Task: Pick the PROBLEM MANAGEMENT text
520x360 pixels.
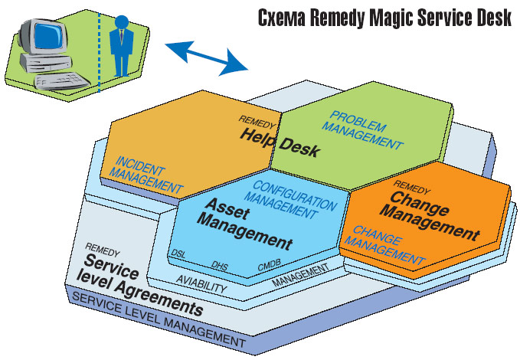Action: point(361,131)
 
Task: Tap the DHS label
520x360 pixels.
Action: point(220,265)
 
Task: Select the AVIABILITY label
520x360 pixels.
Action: point(201,284)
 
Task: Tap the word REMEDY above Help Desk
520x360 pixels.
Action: point(252,120)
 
